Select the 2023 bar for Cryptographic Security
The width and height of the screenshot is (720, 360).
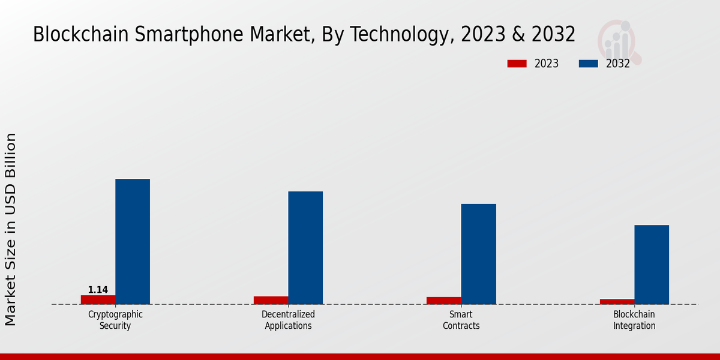[x=98, y=299]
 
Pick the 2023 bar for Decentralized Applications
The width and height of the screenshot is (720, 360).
[x=271, y=300]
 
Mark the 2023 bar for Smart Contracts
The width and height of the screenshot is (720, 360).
[x=444, y=301]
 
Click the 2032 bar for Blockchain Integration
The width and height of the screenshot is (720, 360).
[x=652, y=265]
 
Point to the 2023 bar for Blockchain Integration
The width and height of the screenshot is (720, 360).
[x=617, y=301]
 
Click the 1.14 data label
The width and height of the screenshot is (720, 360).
[x=98, y=290]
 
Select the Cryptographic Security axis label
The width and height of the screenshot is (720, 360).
[x=115, y=320]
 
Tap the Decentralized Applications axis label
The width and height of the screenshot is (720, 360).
[x=288, y=320]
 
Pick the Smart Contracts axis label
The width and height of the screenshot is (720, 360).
[x=461, y=320]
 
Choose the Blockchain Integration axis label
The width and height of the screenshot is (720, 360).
[x=634, y=320]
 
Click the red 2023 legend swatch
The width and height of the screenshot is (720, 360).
[x=517, y=64]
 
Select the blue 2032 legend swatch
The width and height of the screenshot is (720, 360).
[x=588, y=64]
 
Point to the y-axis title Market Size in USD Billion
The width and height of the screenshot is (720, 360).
[x=11, y=229]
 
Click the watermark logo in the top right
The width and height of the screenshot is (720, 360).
[x=619, y=41]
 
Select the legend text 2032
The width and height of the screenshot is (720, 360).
[x=618, y=64]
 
